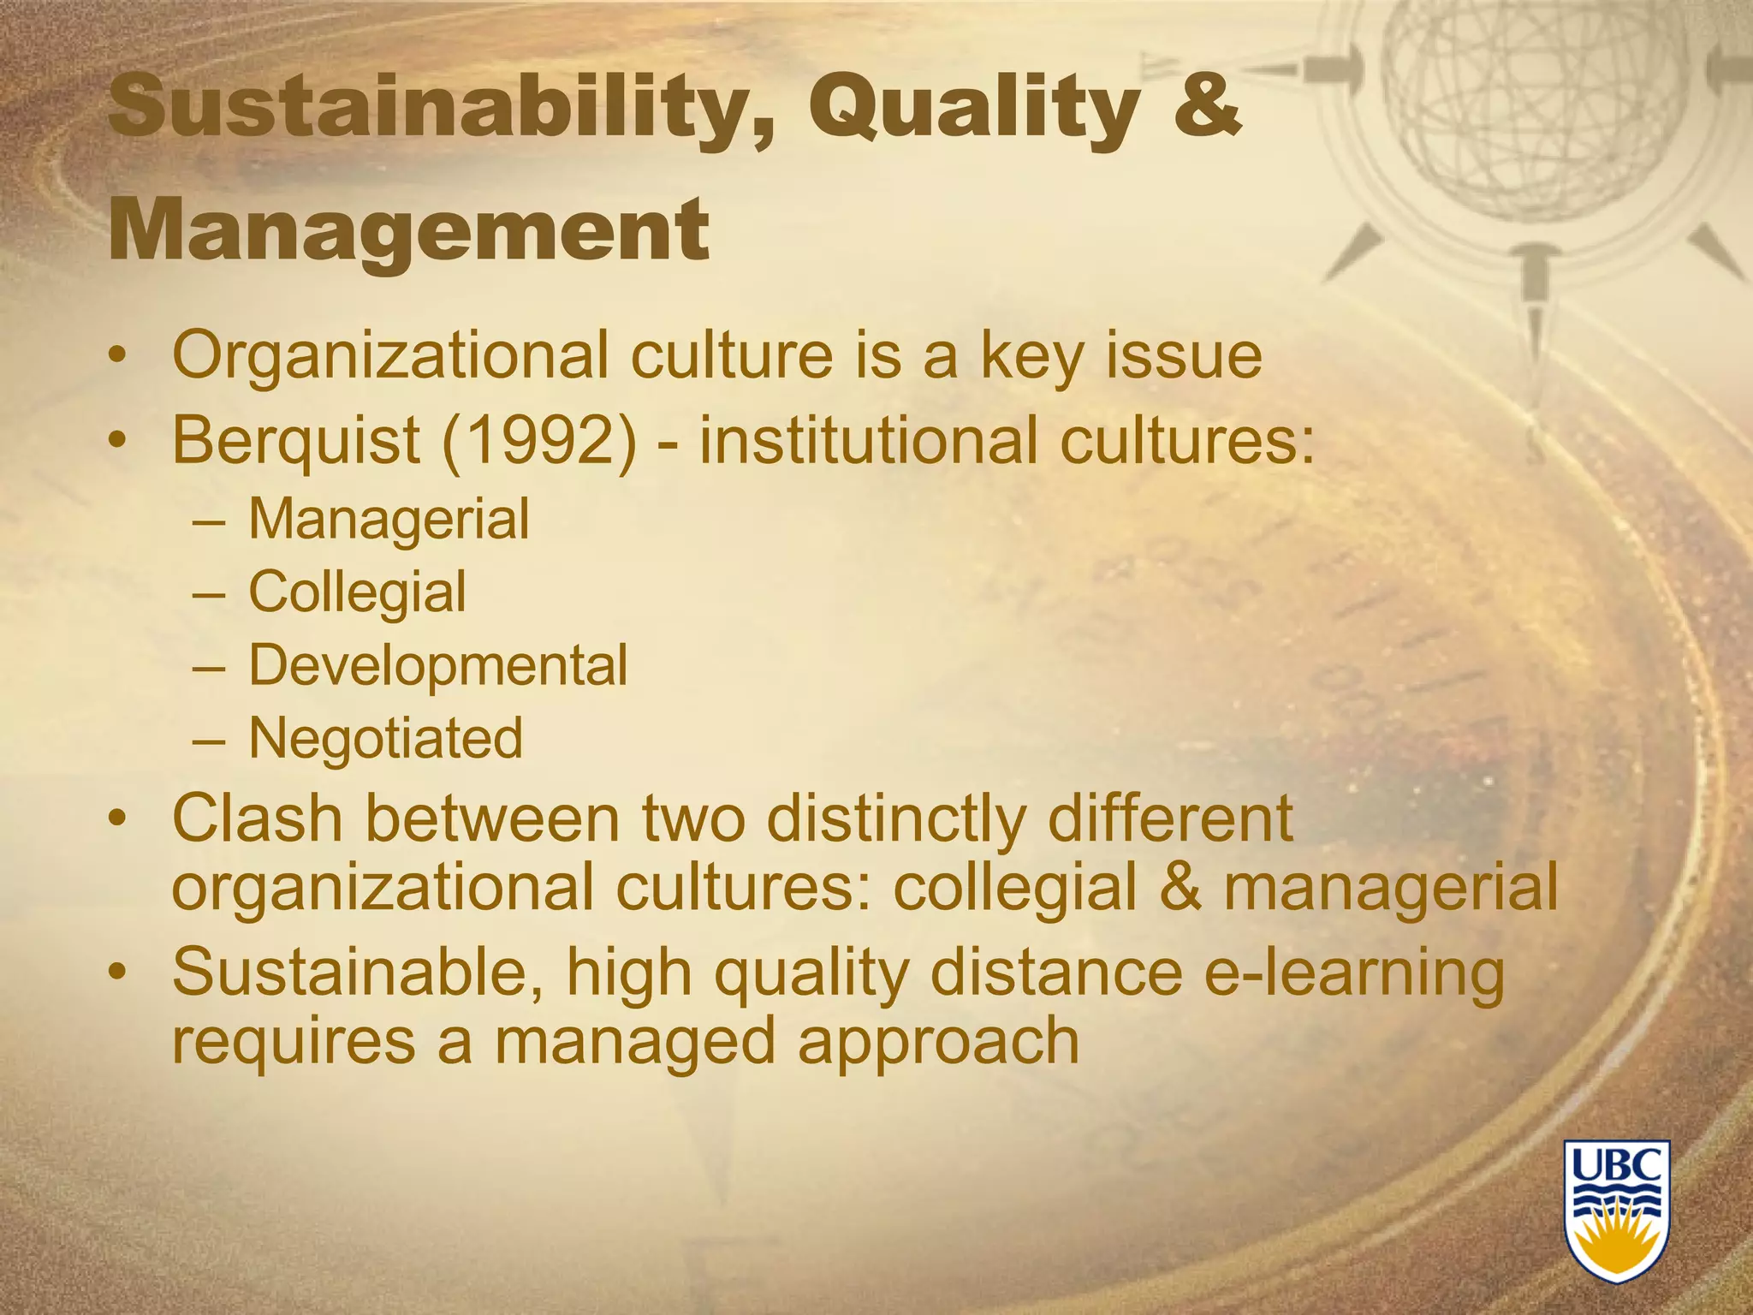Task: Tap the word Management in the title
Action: (409, 229)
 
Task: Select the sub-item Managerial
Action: (389, 519)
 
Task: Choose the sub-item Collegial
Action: (357, 592)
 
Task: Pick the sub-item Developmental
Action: (437, 665)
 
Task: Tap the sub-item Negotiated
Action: (385, 738)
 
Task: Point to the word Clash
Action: (257, 818)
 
